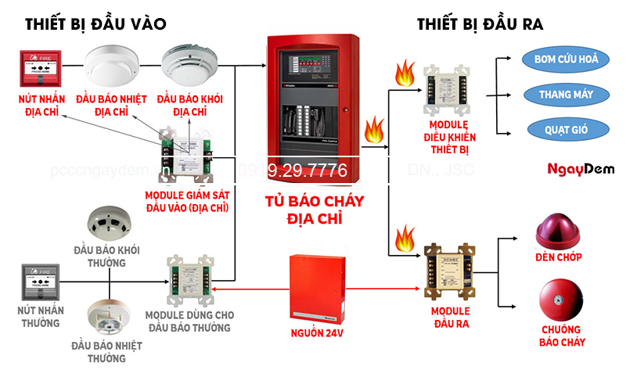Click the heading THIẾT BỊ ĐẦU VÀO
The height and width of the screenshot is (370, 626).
(x=95, y=23)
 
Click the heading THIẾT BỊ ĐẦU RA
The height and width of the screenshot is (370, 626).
(x=480, y=23)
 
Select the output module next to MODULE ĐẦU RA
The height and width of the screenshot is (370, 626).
(x=448, y=270)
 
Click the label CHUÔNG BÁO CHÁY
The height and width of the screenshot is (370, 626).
(x=562, y=336)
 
